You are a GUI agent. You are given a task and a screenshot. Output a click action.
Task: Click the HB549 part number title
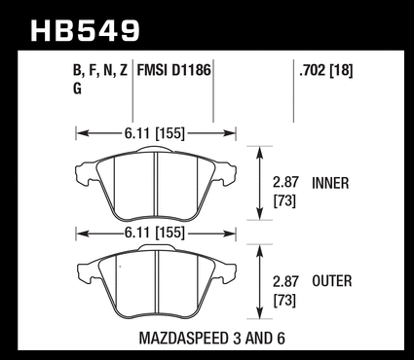[85, 31]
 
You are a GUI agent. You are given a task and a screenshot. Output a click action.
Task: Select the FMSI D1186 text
[174, 70]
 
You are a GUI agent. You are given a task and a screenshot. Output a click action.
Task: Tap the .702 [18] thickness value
[326, 70]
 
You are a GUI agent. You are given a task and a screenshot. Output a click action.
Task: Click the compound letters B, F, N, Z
[100, 71]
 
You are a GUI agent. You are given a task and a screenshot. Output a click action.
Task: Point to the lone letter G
[77, 89]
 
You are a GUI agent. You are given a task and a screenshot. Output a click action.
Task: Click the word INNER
[330, 183]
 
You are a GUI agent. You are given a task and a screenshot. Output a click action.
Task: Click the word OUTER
[332, 281]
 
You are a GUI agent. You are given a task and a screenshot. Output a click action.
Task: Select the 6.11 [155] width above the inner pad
[154, 133]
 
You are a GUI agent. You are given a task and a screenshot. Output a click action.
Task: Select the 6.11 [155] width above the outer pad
[154, 233]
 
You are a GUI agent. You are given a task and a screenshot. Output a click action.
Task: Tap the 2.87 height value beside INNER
[285, 183]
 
